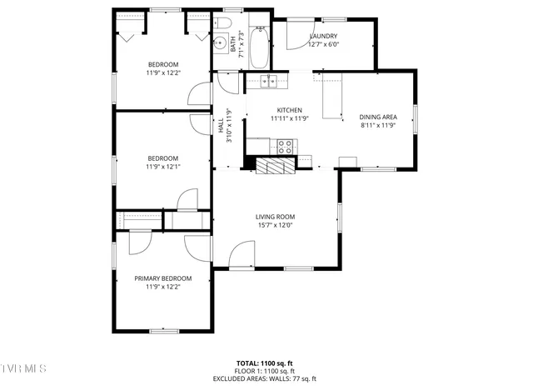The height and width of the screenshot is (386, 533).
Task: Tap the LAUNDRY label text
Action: [322, 37]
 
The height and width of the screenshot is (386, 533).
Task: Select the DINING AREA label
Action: [376, 118]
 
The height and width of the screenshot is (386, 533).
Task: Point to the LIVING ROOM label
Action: [275, 217]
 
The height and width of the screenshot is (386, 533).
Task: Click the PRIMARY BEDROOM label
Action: [163, 278]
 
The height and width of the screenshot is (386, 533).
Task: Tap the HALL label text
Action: [221, 127]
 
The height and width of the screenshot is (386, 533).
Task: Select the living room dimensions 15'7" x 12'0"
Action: [275, 225]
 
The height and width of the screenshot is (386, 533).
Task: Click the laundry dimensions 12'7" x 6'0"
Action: [322, 45]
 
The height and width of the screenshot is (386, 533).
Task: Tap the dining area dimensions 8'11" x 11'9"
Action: [376, 126]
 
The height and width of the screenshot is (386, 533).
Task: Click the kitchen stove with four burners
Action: [286, 147]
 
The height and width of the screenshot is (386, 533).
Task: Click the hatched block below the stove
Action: [275, 166]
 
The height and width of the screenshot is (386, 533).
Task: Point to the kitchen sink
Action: [268, 81]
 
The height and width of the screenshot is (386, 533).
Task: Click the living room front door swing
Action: [242, 254]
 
